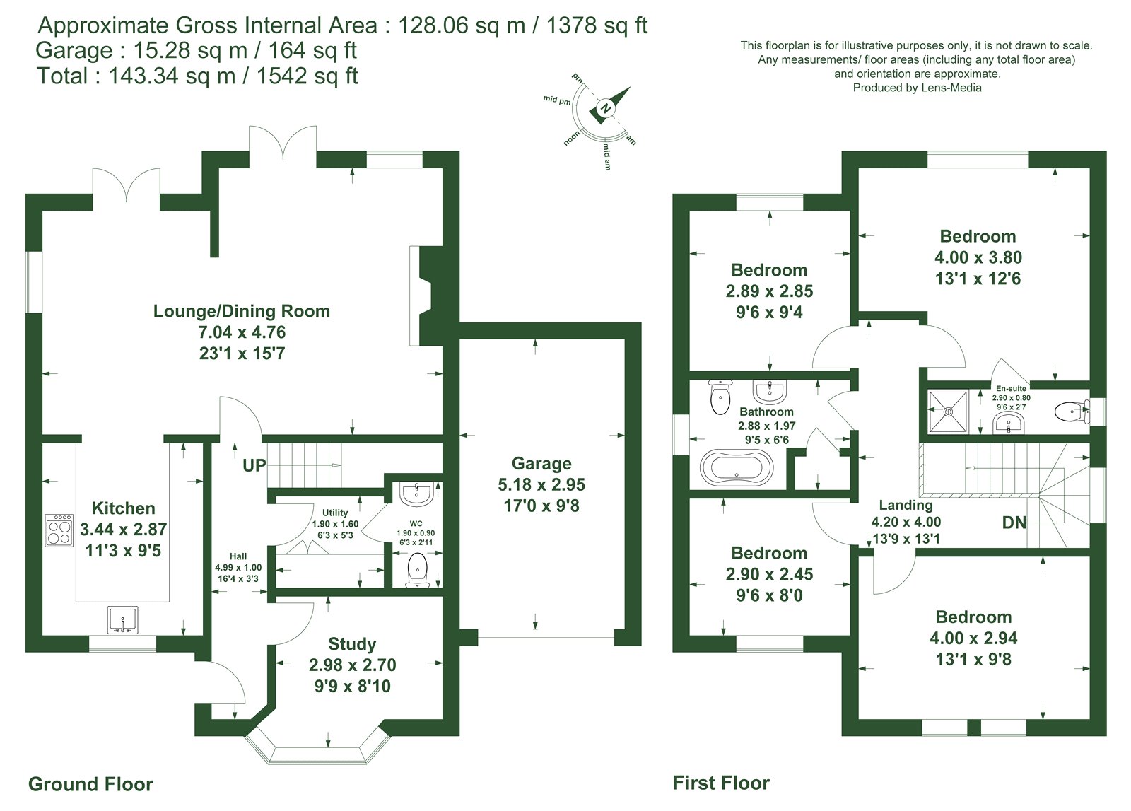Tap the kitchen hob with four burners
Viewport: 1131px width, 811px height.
59,530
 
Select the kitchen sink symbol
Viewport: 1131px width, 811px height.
123,620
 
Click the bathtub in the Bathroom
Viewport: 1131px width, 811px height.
737,467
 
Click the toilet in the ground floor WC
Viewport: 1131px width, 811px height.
418,571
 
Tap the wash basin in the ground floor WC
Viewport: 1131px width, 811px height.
416,494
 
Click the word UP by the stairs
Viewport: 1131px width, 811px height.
254,465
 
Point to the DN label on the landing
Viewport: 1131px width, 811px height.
1014,522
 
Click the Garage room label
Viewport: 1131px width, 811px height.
541,463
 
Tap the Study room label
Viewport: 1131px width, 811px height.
352,644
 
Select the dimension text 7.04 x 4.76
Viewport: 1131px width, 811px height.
242,332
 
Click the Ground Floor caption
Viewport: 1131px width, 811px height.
91,783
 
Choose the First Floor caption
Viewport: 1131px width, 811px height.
721,783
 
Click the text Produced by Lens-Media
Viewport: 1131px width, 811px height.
917,88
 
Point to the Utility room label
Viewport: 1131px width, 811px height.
335,513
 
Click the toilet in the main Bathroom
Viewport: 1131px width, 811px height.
720,397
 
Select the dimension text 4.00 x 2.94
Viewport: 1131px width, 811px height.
973,638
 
